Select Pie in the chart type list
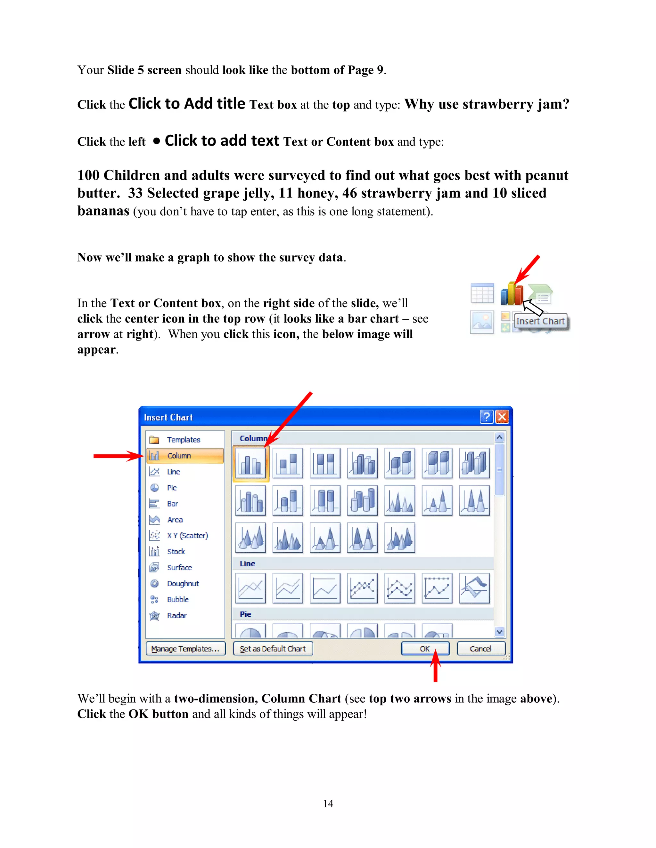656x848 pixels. pyautogui.click(x=171, y=488)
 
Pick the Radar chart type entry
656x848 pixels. pyautogui.click(x=176, y=615)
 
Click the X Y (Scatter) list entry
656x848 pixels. pyautogui.click(x=187, y=535)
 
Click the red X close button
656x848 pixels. pyautogui.click(x=502, y=417)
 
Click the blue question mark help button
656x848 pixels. pyautogui.click(x=486, y=417)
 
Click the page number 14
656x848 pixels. pyautogui.click(x=328, y=803)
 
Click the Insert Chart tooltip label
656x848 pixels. pyautogui.click(x=540, y=321)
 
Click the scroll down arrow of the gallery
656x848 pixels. pyautogui.click(x=499, y=632)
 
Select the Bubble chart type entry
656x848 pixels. pyautogui.click(x=177, y=599)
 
